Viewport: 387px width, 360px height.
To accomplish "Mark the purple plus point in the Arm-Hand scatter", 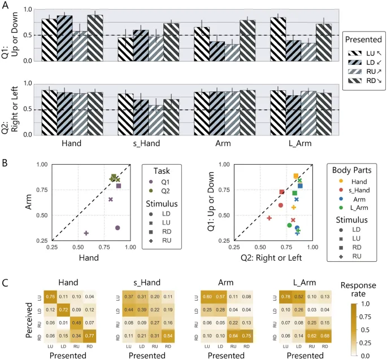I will point(86,233).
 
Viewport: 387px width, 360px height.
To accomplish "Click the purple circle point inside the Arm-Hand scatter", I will point(118,227).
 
